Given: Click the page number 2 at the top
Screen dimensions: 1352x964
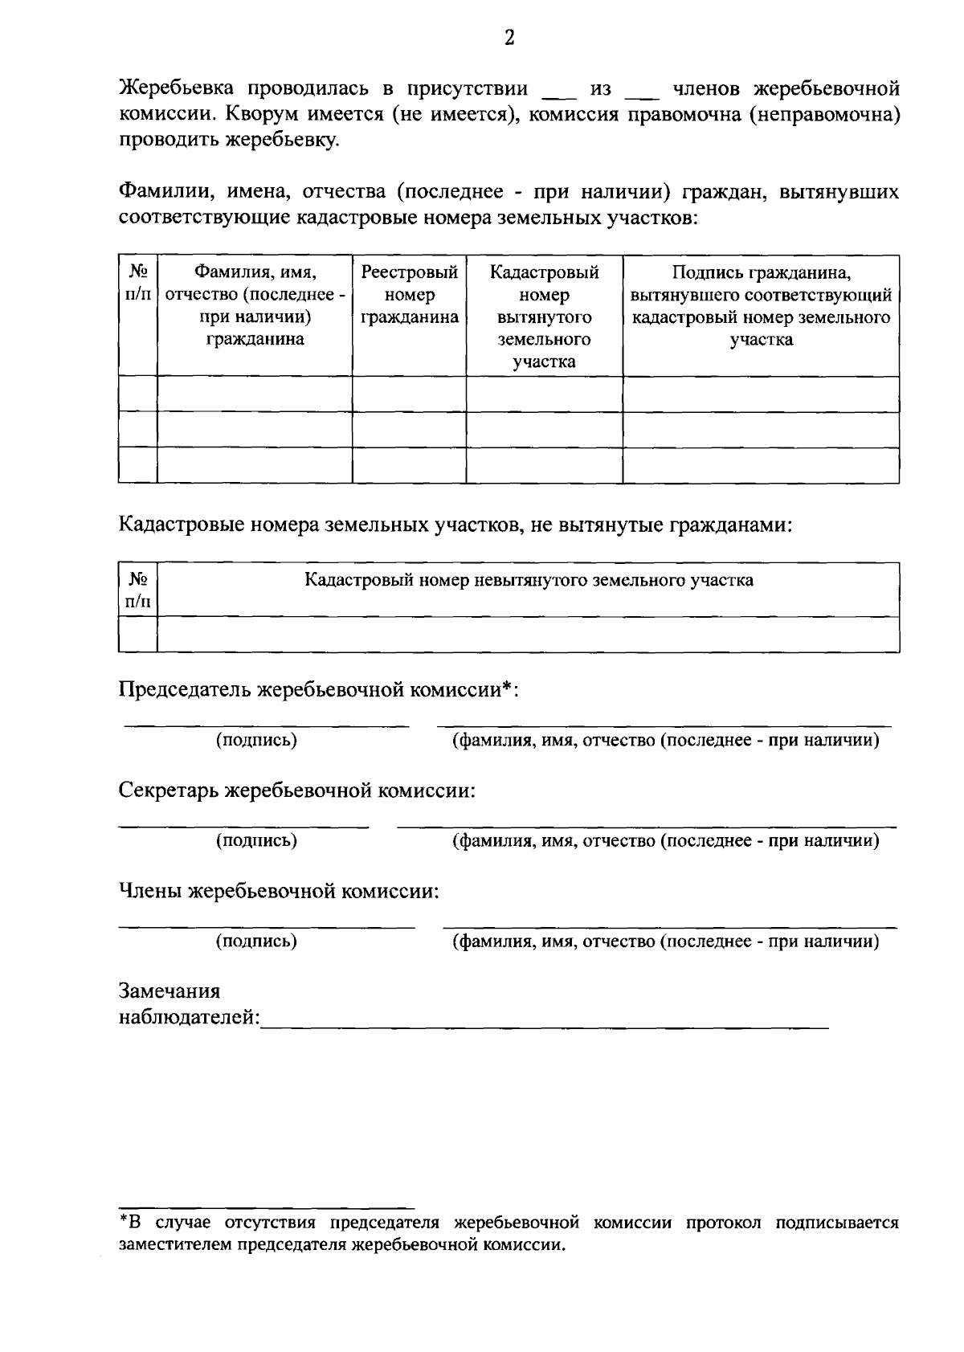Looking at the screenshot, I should [x=509, y=38].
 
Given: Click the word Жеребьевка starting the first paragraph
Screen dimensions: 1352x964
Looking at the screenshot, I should [x=178, y=88].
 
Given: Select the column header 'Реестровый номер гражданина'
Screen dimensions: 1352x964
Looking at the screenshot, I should [x=409, y=295].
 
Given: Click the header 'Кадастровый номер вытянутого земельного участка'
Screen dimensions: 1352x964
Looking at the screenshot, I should [x=544, y=317].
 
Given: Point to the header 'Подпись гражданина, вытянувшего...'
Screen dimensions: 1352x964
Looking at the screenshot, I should [x=761, y=306].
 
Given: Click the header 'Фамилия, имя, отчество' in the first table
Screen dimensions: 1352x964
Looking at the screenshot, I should [x=255, y=306].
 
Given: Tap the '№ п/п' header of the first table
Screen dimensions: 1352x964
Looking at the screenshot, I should [x=137, y=284].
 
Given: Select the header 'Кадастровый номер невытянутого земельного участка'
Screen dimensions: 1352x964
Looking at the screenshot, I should [x=529, y=580].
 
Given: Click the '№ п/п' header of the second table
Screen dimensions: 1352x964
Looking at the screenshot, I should [x=137, y=590].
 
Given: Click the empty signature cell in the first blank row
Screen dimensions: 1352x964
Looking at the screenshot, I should [x=761, y=394].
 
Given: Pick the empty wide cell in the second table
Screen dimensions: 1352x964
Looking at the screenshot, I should [x=528, y=634].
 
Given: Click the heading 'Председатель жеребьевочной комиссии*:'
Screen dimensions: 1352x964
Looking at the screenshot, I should [x=318, y=690].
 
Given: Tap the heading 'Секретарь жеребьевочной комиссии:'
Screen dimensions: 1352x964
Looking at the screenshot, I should [x=297, y=790].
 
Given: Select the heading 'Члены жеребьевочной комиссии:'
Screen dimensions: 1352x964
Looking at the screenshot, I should [x=279, y=891].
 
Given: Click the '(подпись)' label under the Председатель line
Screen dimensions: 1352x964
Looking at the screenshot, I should [x=256, y=740].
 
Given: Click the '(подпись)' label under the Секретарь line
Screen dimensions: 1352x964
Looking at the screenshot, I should [x=256, y=840].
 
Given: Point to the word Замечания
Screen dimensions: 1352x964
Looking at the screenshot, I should [x=170, y=991].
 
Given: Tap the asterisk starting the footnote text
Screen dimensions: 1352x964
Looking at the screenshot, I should [x=124, y=1223].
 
